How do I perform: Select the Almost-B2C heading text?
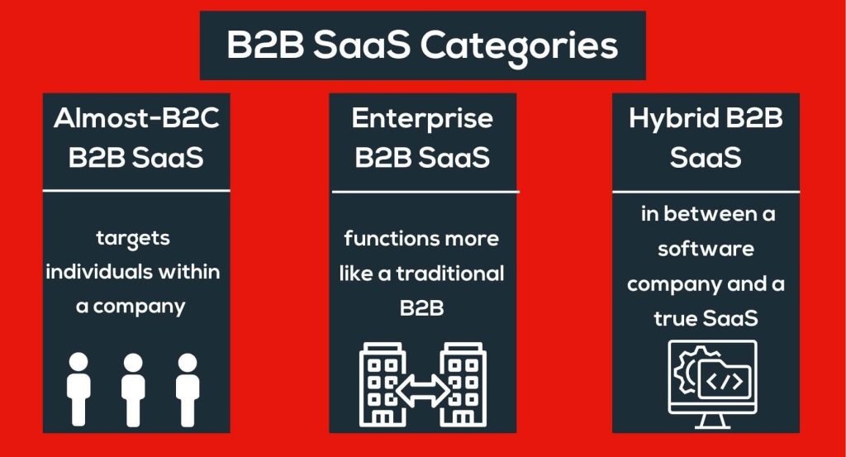[136, 119]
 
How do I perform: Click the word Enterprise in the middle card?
[422, 119]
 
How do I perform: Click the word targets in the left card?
[133, 239]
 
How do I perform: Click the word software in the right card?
[706, 248]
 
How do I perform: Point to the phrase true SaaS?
[706, 318]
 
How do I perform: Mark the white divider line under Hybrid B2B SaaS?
[706, 192]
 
